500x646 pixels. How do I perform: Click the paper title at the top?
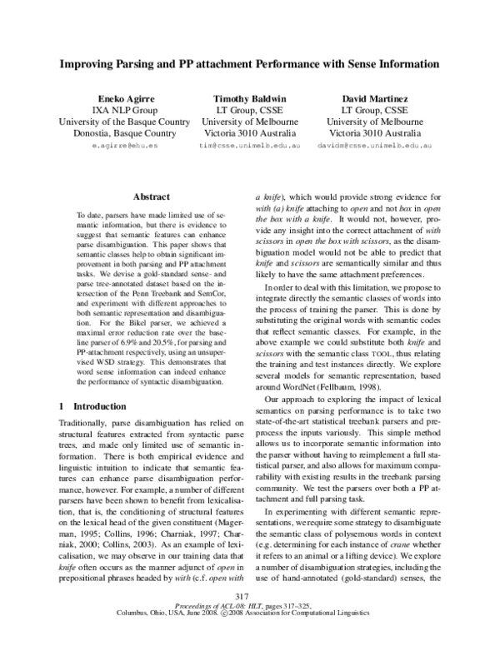click(249, 63)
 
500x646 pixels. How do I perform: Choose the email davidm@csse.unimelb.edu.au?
click(375, 145)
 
